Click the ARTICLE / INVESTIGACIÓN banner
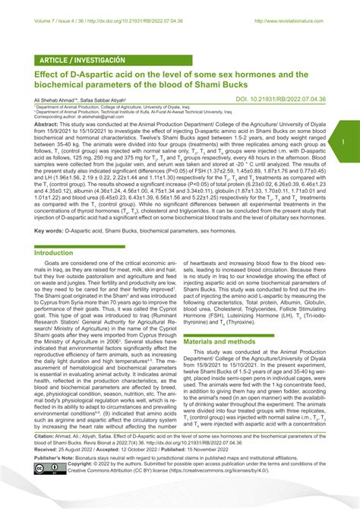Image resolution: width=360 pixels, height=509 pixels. pyautogui.click(x=75, y=59)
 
